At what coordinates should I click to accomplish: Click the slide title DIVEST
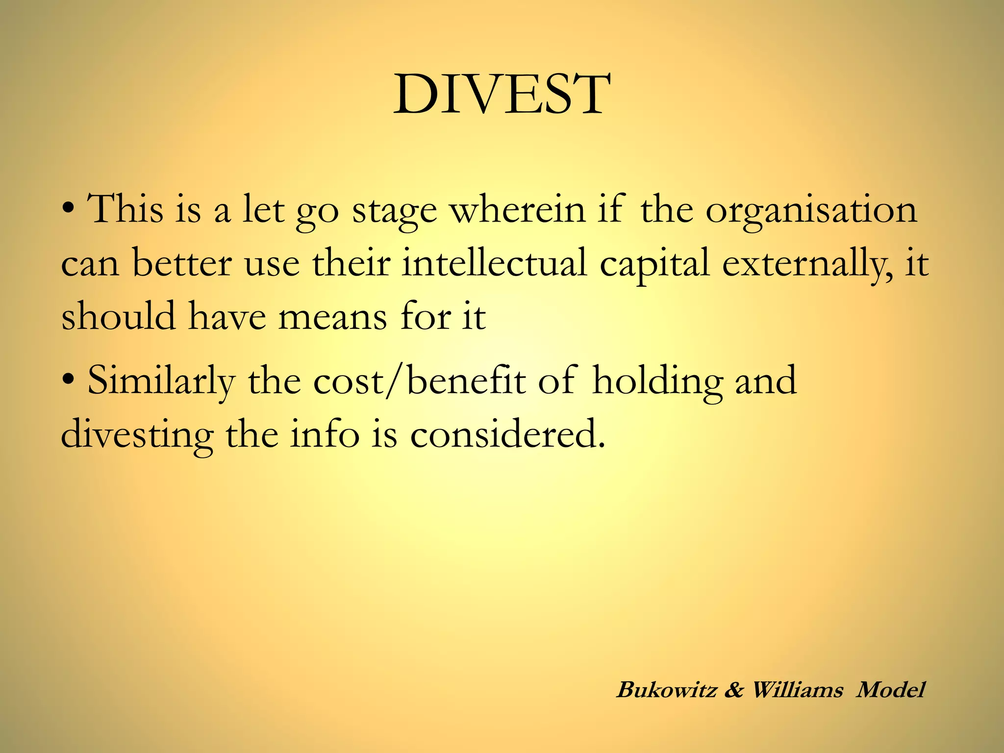tap(502, 94)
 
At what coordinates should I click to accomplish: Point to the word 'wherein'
tap(518, 210)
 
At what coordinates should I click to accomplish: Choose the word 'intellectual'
tap(494, 263)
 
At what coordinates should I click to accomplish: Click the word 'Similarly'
tap(161, 381)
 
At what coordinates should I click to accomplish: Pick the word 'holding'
tap(657, 381)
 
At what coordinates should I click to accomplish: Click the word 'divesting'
tap(137, 435)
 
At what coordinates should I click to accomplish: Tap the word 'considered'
tap(507, 434)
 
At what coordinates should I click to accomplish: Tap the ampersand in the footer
tap(734, 690)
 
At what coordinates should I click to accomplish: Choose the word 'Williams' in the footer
tap(797, 690)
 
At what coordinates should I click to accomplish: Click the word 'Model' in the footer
tap(890, 690)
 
